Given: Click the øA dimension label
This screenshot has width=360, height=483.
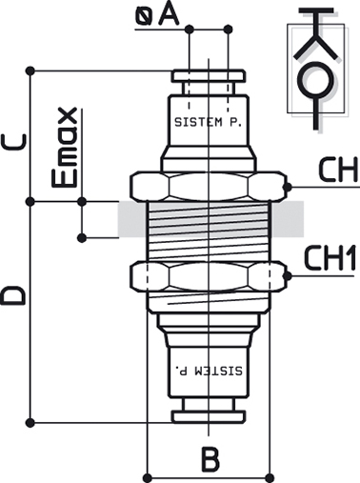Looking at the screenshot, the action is coord(157,15).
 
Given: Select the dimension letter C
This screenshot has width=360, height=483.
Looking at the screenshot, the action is coord(14,142).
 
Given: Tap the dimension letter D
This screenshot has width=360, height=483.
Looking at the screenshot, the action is coord(13,295).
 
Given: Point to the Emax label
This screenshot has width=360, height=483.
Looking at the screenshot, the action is coord(65,148).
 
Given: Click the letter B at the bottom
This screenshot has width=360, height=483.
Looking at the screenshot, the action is coord(210,459).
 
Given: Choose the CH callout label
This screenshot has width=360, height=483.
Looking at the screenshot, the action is coord(338,170).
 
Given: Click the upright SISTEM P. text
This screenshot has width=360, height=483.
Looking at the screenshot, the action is coord(209,122).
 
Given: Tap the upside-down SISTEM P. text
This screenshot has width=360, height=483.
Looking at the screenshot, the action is coord(209,371).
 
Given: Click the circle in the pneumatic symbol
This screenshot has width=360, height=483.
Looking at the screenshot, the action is coord(315,81).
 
